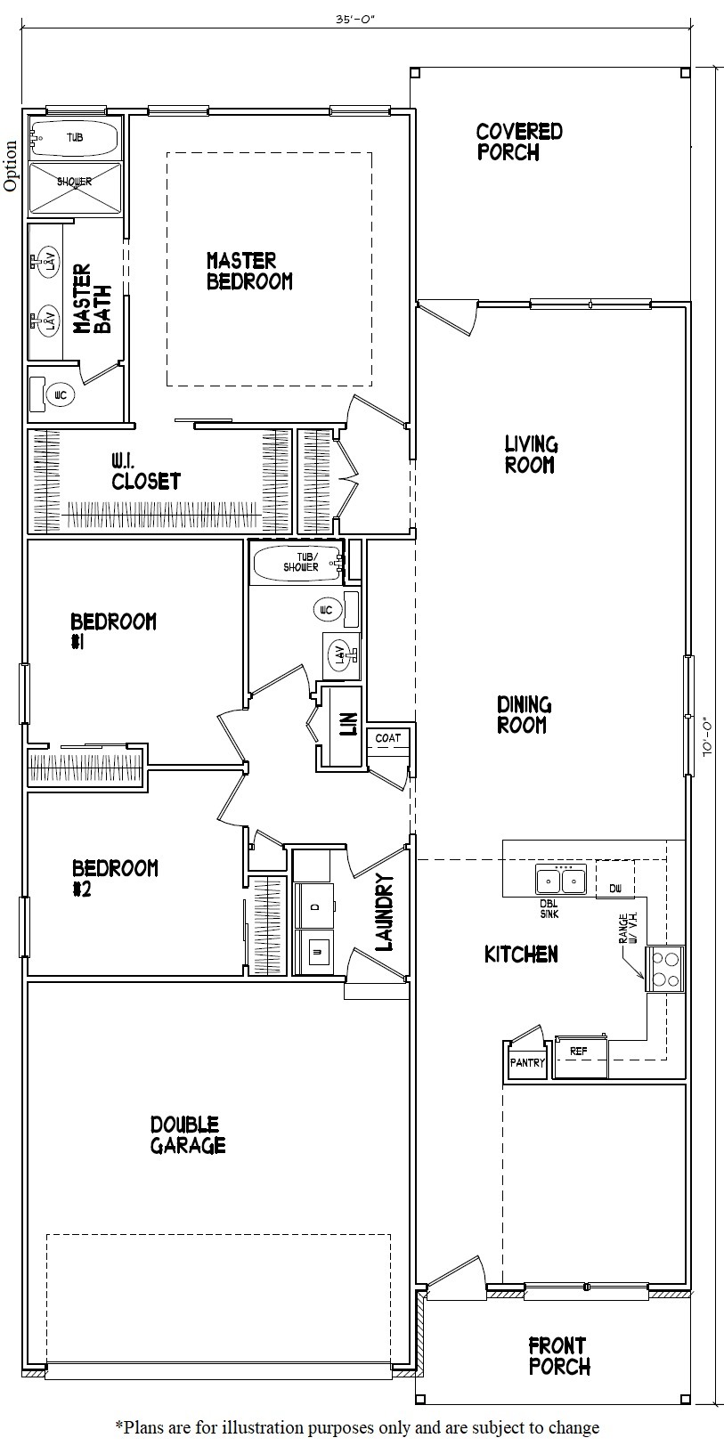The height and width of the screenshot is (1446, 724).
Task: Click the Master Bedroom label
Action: tap(249, 271)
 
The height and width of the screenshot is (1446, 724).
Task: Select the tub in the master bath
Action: tap(74, 137)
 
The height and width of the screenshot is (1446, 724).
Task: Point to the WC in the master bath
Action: tap(61, 394)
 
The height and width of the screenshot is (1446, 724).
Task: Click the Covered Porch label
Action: tap(519, 142)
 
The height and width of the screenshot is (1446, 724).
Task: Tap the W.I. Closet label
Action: tap(146, 471)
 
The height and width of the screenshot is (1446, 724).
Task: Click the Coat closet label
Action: tap(387, 738)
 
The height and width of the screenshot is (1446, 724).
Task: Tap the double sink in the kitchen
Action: tap(560, 881)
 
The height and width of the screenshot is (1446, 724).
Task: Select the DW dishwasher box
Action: tap(614, 889)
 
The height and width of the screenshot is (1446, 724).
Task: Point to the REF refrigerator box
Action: tap(580, 1052)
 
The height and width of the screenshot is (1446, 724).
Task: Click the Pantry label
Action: tap(527, 1062)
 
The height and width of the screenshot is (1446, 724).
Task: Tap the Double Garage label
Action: tap(187, 1135)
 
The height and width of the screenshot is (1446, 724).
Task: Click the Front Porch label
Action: tap(558, 1355)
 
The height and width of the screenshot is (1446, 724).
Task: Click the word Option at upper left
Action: tap(11, 166)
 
